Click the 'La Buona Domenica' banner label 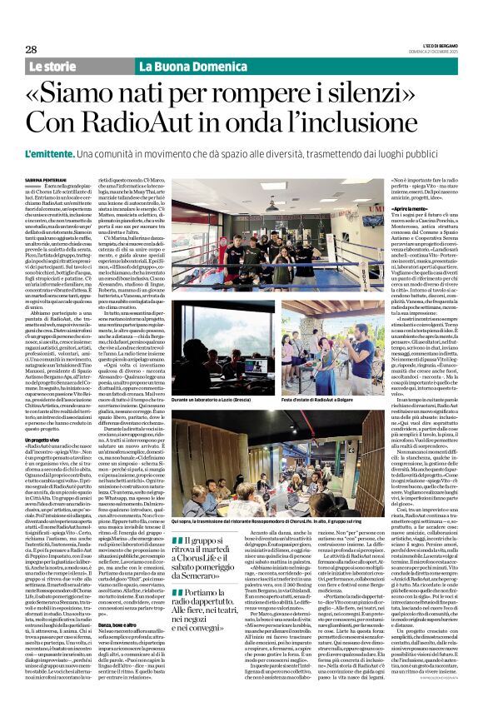coord(172,66)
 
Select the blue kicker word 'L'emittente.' coord(55,154)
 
